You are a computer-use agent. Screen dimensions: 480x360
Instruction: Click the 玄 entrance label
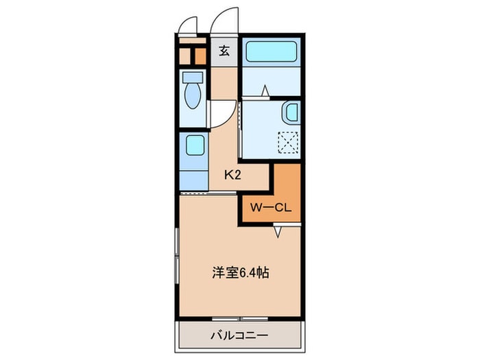coord(224,51)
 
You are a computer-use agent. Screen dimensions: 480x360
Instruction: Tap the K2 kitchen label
coord(233,175)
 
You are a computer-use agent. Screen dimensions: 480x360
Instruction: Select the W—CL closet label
coord(271,208)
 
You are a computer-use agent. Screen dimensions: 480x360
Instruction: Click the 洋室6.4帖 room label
coord(241,272)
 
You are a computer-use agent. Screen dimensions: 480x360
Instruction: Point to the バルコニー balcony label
coord(239,336)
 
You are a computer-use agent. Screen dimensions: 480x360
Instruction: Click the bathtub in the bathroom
coord(272,51)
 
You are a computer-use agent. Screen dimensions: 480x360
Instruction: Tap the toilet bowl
coord(193,95)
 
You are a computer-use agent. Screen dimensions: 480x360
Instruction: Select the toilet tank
coord(193,77)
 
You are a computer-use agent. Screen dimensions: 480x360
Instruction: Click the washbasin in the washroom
coord(291,112)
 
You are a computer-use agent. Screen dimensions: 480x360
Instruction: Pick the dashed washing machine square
coord(288,143)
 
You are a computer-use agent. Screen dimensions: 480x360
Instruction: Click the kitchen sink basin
coord(195,145)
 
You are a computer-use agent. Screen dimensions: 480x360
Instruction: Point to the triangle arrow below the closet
coord(278,232)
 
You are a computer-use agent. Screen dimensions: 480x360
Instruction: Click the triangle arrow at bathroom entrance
coord(265,91)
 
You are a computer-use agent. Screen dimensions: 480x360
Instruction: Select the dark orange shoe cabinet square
coord(201,57)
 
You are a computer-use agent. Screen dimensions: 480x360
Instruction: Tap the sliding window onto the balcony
coord(240,319)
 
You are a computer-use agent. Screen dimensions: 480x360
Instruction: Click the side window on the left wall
coord(177,256)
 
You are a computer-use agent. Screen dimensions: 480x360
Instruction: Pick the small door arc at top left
coord(188,25)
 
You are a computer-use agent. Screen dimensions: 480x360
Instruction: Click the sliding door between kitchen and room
coord(208,193)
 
